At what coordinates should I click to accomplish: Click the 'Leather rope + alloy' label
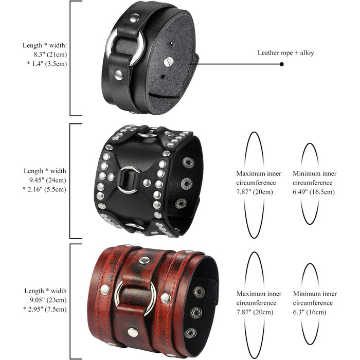[x=285, y=53]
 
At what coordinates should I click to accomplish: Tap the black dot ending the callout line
[x=282, y=64]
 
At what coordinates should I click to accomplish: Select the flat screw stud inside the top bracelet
[x=169, y=62]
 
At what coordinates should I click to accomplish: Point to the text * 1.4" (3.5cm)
[x=47, y=64]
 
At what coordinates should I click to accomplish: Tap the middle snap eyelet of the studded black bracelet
[x=186, y=183]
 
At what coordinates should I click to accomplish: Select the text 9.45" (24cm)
[x=47, y=180]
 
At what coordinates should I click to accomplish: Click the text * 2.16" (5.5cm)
[x=44, y=189]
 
